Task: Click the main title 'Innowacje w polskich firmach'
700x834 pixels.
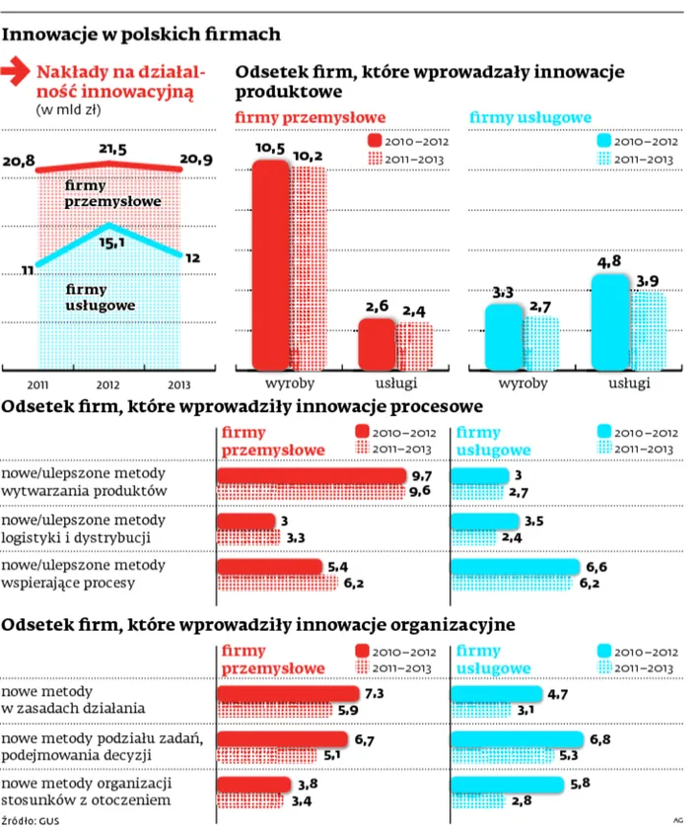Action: [142, 35]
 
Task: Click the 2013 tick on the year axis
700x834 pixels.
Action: [179, 384]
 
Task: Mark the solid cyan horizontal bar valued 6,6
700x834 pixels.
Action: [515, 566]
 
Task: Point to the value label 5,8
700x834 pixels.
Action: [582, 783]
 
